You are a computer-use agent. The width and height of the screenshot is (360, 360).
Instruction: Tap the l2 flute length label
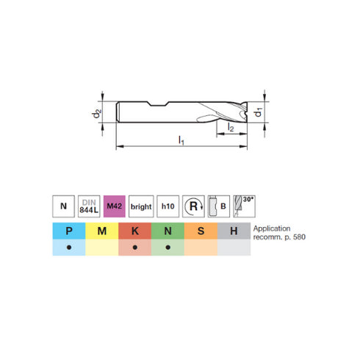pyautogui.click(x=229, y=128)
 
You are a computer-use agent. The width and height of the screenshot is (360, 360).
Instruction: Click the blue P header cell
pyautogui.click(x=68, y=231)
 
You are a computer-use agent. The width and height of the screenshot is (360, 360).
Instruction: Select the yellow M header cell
pyautogui.click(x=101, y=231)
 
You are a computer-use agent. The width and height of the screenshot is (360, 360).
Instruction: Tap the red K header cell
pyautogui.click(x=134, y=231)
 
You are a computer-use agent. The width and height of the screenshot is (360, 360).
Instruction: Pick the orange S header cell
pyautogui.click(x=200, y=231)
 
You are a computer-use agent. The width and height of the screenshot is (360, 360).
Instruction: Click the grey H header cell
pyautogui.click(x=233, y=231)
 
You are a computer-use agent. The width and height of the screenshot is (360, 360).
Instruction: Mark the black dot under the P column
pyautogui.click(x=68, y=248)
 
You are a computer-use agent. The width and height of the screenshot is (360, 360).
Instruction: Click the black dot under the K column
pyautogui.click(x=134, y=248)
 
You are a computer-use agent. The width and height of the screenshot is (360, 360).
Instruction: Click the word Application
pyautogui.click(x=273, y=228)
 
